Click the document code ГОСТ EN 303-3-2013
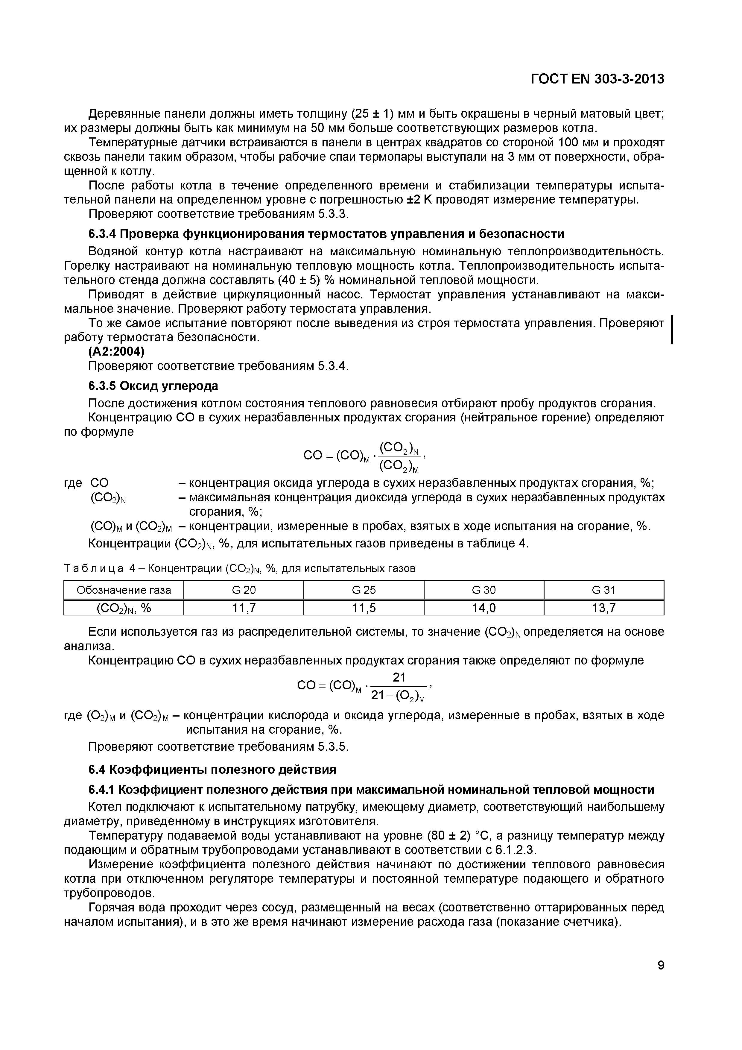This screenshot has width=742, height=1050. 597,79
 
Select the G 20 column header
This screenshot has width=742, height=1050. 244,590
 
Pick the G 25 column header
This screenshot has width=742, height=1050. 364,590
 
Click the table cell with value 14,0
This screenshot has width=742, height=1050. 484,608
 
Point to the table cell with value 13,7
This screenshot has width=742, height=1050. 603,608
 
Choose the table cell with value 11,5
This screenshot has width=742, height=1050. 364,608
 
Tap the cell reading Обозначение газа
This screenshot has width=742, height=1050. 124,590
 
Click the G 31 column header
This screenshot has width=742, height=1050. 603,590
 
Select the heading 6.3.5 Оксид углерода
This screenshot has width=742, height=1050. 153,386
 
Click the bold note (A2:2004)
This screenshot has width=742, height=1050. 116,352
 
